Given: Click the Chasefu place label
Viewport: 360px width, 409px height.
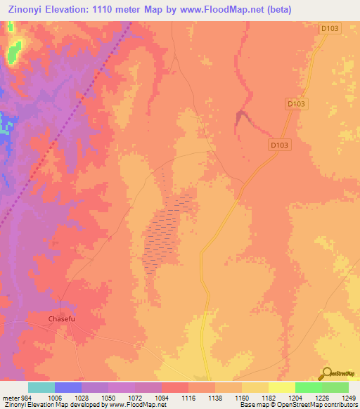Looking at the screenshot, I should click(61, 318).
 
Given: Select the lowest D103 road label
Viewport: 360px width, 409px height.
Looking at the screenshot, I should click(280, 145).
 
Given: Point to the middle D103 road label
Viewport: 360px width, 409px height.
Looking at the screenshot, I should click(297, 103).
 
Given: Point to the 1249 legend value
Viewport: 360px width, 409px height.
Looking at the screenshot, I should click(340, 397).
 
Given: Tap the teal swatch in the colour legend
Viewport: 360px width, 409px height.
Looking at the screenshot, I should click(41, 387).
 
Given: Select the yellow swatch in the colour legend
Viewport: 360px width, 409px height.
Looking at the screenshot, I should click(281, 387).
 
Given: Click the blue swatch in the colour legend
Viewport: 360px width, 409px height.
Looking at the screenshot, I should click(68, 387).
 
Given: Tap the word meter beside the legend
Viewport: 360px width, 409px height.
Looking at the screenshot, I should click(8, 397).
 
